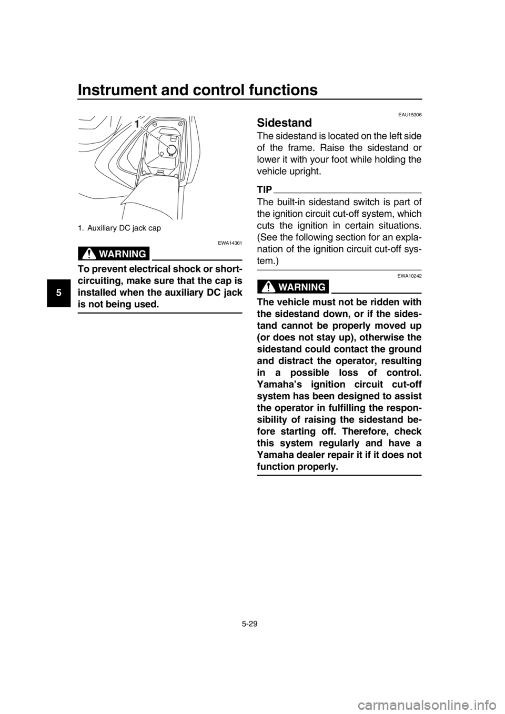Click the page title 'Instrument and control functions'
click(x=198, y=89)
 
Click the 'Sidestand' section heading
click(x=284, y=123)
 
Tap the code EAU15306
click(x=410, y=115)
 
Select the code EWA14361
click(x=230, y=243)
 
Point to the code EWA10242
click(x=409, y=276)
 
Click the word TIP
click(x=265, y=190)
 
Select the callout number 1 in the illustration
click(x=137, y=124)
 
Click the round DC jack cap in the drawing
click(x=171, y=149)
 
